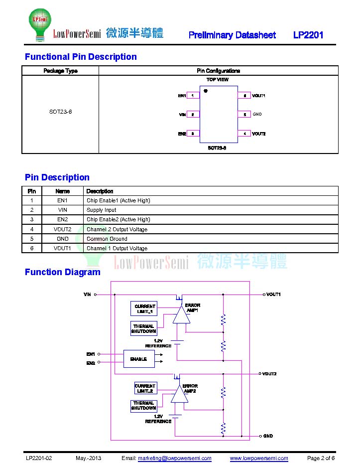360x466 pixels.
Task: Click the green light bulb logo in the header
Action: point(40,24)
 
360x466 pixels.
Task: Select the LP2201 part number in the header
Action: point(308,35)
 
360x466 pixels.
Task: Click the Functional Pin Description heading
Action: point(81,57)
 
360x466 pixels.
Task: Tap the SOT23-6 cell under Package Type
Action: point(60,112)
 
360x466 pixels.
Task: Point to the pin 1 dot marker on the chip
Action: point(206,91)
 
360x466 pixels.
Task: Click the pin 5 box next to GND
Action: point(244,115)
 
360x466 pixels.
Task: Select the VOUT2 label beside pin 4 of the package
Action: point(259,134)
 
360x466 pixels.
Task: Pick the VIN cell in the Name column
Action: point(62,210)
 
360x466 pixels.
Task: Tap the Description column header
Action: point(100,191)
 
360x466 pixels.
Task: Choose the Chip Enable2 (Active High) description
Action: point(118,219)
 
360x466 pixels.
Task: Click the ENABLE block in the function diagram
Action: point(139,359)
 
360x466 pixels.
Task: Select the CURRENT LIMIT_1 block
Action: point(144,309)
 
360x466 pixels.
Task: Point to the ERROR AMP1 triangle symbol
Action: point(181,314)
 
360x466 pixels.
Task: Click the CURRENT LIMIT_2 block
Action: point(145,388)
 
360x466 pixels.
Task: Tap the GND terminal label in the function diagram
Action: point(268,436)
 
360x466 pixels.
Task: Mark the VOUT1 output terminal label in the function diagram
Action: point(273,294)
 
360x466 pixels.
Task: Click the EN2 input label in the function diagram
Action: point(91,363)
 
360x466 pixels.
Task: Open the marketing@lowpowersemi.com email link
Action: point(175,458)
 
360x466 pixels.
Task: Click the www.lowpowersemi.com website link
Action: point(259,458)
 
